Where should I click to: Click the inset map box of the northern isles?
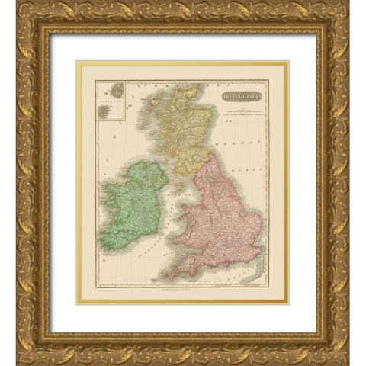tap(112, 101)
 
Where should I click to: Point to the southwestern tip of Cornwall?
tap(163, 277)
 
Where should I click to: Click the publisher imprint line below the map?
tap(183, 294)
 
